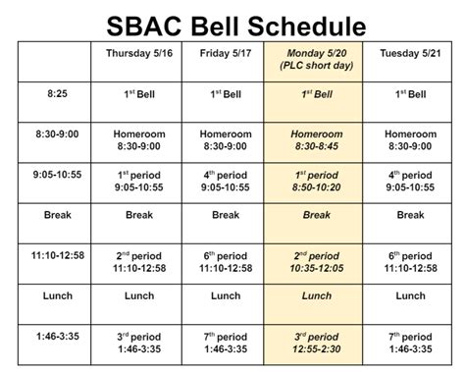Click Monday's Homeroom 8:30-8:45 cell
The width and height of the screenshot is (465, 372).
[316, 138]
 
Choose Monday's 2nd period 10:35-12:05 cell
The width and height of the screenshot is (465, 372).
[316, 260]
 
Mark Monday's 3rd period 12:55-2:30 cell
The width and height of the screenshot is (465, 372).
[316, 342]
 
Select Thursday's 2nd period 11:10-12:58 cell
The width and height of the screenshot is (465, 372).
[145, 260]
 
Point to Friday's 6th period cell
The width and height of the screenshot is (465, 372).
[226, 260]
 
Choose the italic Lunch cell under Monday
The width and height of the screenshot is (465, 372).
[316, 295]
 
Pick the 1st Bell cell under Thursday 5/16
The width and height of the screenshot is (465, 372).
[145, 94]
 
